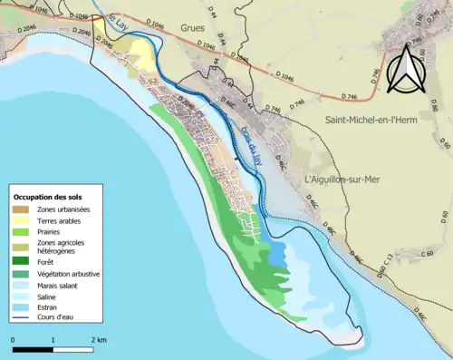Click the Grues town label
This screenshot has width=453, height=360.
[193, 28]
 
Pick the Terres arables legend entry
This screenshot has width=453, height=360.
[56, 220]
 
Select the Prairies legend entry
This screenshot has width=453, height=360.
[48, 231]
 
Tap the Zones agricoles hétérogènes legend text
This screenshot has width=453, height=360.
[62, 247]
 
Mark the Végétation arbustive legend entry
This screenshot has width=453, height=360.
[68, 274]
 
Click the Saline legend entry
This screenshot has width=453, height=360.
[47, 297]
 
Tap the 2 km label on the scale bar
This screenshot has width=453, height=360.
[97, 340]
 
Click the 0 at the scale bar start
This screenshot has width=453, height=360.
[14, 340]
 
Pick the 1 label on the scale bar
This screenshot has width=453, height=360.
[53, 340]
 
